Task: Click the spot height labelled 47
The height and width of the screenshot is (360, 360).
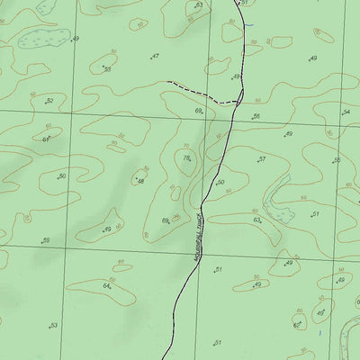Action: [155, 57]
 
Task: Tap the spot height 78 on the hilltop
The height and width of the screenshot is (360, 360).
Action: [186, 158]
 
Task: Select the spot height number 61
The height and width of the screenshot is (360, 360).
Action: [45, 139]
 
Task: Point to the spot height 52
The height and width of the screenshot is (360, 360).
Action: [49, 102]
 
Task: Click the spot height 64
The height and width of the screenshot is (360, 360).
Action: [106, 286]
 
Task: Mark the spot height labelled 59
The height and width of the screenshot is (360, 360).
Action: [45, 240]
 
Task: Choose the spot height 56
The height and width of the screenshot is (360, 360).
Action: [256, 117]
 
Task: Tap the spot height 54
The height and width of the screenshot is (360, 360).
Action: [346, 112]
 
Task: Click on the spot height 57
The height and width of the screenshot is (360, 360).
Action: [261, 159]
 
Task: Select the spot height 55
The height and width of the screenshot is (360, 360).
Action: [337, 161]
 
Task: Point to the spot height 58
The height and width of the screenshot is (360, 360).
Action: [106, 69]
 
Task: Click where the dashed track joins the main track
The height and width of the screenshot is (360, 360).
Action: [239, 101]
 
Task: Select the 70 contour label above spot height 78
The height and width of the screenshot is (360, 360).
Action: [186, 146]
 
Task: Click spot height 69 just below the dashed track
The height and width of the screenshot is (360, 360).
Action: [198, 111]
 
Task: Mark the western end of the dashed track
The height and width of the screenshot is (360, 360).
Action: [167, 83]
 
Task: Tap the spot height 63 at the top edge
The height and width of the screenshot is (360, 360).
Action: [198, 5]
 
